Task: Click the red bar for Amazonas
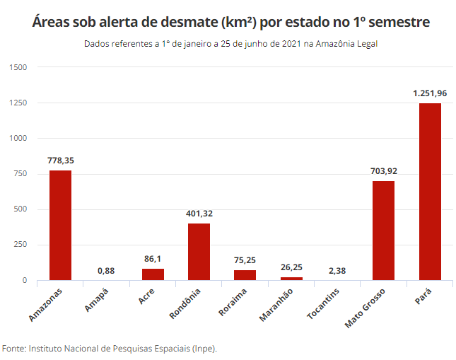point(60,225)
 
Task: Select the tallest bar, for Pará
point(430,192)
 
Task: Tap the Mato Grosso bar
point(383,231)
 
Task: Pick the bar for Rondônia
point(199,252)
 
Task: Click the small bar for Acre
point(153,274)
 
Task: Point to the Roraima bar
point(245,275)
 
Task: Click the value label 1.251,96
point(430,93)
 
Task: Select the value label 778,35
point(60,161)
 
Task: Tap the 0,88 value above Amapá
point(106,270)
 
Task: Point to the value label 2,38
point(337,270)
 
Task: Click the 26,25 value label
point(291,267)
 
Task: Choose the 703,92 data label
point(383,170)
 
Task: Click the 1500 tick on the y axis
point(18,67)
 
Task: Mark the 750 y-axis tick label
point(20,174)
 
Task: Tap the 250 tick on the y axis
point(20,245)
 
